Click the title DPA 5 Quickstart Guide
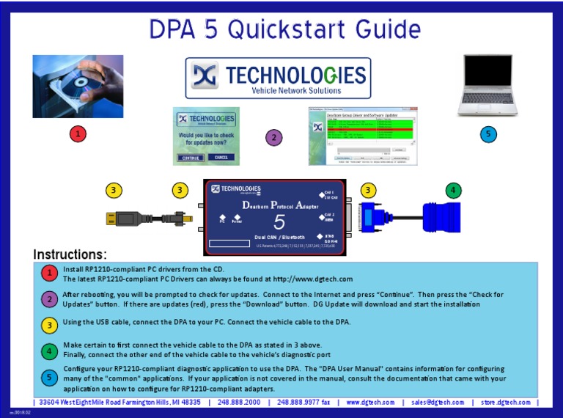[x=281, y=29]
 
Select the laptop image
[x=488, y=86]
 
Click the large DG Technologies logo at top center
[x=278, y=78]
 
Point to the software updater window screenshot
[x=363, y=136]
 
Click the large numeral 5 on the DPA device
[x=279, y=223]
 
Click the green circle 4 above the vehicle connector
[x=454, y=191]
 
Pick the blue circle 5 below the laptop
[x=488, y=133]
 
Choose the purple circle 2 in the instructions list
[x=49, y=299]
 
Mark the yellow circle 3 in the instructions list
[x=49, y=324]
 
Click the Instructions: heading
[x=70, y=254]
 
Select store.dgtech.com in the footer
[x=506, y=402]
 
